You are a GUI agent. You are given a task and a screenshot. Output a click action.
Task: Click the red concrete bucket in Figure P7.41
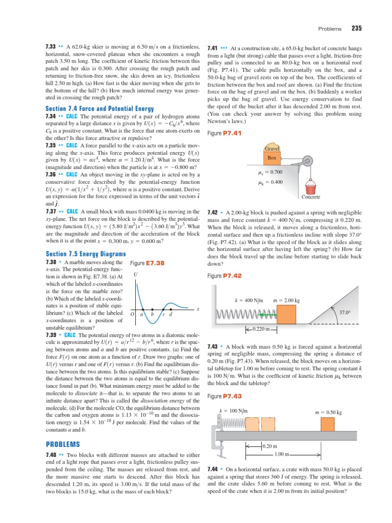click(310, 185)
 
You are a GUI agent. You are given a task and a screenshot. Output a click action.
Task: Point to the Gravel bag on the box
click(272, 149)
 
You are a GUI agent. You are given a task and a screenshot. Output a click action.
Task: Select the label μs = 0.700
click(271, 173)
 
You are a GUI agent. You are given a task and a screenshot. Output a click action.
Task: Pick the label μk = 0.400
click(271, 182)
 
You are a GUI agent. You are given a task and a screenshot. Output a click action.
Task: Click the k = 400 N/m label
click(248, 300)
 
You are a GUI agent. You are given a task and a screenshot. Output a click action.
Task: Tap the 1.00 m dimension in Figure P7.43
click(282, 454)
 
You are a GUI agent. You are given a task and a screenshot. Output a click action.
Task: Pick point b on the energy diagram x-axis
click(152, 314)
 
